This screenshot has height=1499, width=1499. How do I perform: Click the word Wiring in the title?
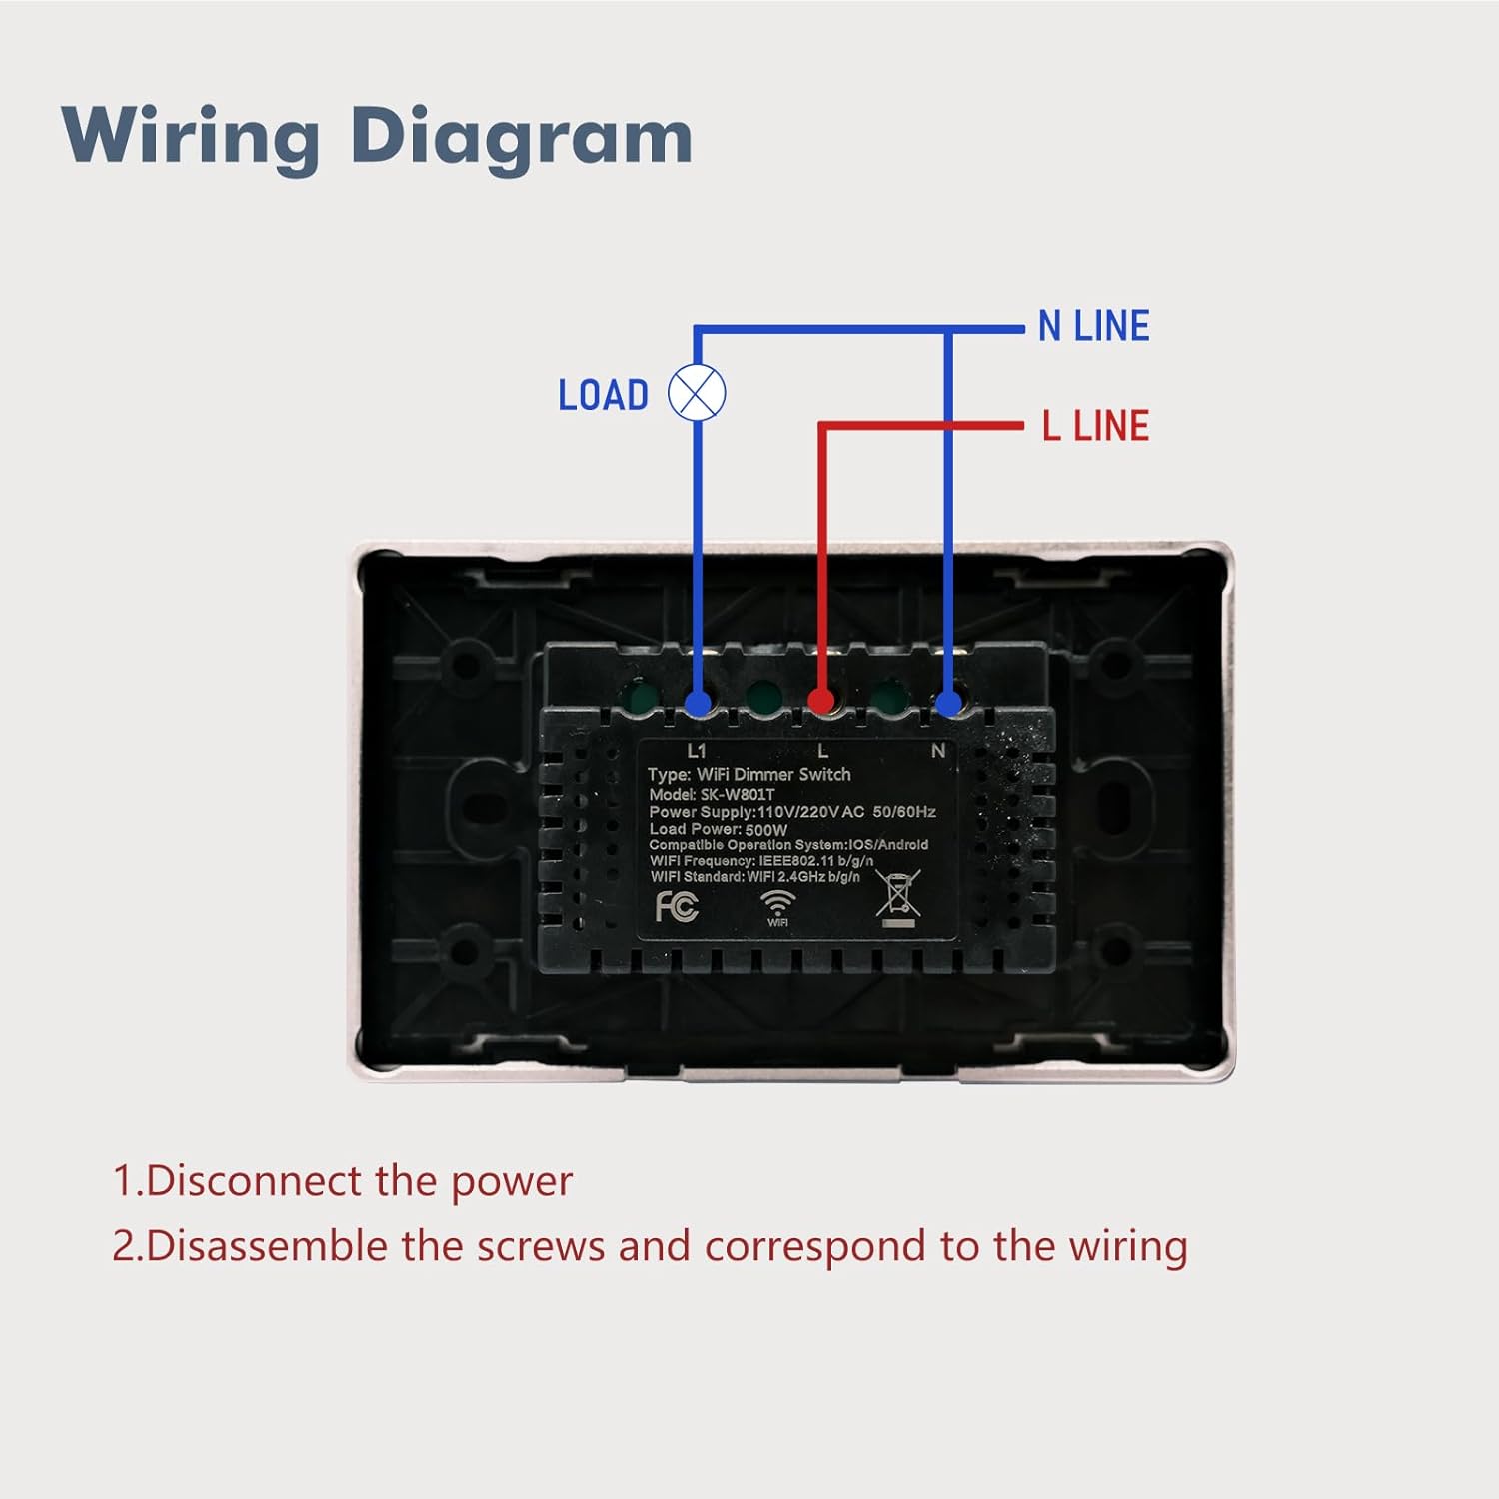pos(190,137)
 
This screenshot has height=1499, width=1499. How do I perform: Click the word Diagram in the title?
pos(521,137)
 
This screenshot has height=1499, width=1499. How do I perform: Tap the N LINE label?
pos(1093,327)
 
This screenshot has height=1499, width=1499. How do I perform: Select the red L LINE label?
pos(1095,426)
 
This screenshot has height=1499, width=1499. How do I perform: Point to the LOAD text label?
pos(603,395)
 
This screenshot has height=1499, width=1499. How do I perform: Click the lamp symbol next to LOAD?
pos(697,393)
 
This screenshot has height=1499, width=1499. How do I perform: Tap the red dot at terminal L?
pos(821,700)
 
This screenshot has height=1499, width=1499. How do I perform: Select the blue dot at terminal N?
pos(948,702)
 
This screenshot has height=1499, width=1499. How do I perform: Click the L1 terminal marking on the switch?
pos(697,750)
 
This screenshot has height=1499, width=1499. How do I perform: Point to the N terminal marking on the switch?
pos(937,750)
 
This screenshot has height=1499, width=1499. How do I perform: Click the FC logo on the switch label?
pos(677,906)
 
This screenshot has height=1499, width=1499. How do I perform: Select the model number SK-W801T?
pos(738,794)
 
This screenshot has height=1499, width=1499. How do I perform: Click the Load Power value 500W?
pos(766,829)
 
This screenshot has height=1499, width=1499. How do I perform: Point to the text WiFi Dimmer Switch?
pos(773,774)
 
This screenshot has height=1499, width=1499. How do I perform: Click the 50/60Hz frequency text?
pos(903,812)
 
